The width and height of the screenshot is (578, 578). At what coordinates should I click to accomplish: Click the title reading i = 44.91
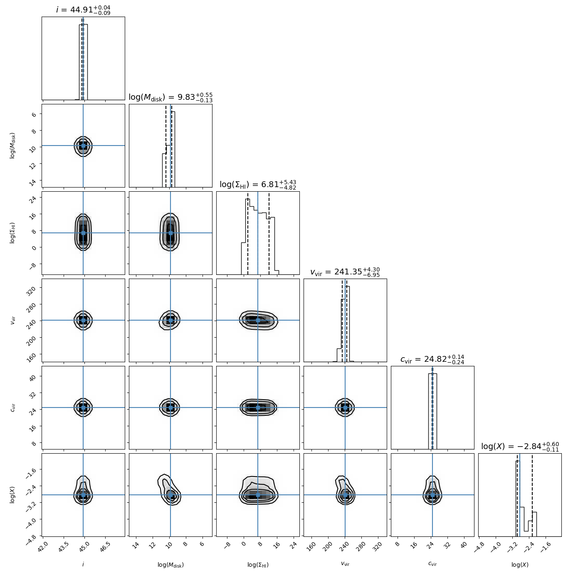(83, 10)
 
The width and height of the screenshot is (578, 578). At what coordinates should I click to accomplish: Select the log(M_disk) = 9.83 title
(170, 97)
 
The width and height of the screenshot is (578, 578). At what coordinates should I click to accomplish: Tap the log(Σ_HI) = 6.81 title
(258, 185)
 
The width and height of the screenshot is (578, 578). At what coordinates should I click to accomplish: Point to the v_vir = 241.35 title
(345, 272)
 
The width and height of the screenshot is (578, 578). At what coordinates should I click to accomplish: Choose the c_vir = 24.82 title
(432, 359)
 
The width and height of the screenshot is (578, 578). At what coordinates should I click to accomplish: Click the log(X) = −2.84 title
(520, 447)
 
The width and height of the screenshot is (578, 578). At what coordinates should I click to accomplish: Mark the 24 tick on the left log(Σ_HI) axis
(33, 198)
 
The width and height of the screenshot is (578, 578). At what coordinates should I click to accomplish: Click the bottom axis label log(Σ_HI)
(258, 565)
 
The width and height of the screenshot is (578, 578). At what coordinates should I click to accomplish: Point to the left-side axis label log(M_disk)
(13, 146)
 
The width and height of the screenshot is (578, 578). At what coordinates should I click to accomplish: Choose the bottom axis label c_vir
(432, 564)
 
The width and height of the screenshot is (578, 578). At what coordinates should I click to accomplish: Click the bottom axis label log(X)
(520, 565)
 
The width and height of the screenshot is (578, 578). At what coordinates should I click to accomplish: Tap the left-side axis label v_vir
(13, 320)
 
